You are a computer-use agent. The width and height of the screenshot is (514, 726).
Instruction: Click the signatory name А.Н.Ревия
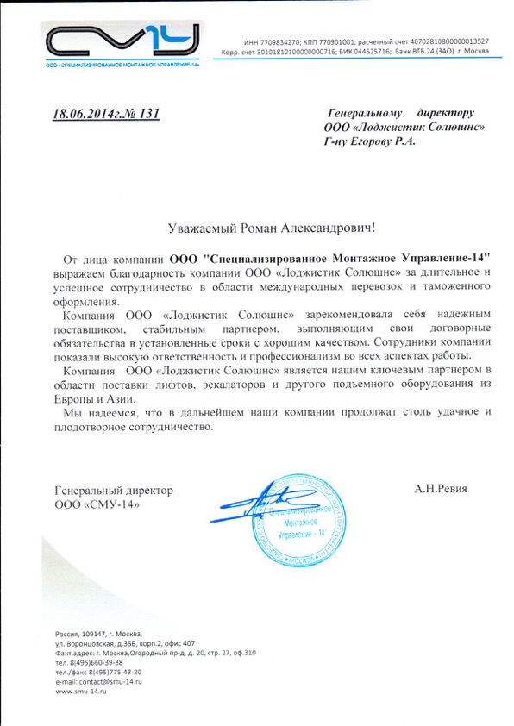440,489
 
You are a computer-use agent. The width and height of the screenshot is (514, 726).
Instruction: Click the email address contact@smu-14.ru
112,681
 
